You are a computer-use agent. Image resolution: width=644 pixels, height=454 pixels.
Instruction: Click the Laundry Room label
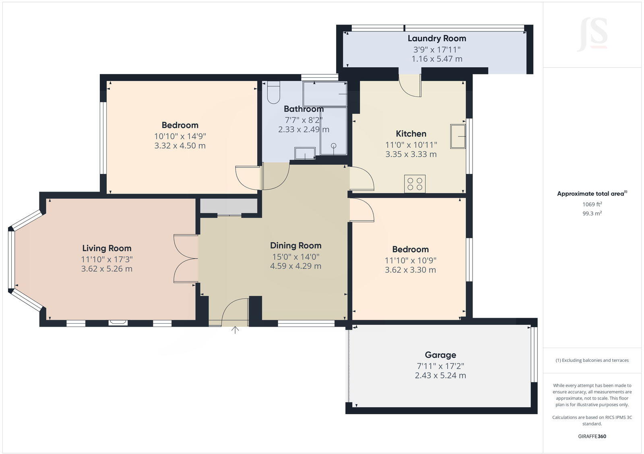tap(437, 38)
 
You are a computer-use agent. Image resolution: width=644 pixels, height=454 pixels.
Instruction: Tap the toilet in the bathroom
tap(273, 93)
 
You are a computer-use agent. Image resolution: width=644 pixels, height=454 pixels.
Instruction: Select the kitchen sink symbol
tap(458, 136)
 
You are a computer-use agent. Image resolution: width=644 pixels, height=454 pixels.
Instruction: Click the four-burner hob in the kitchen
tap(415, 184)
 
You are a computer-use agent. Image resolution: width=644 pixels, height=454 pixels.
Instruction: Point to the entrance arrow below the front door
tap(235, 330)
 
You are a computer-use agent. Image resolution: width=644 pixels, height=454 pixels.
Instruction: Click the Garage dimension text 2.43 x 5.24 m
tap(440, 376)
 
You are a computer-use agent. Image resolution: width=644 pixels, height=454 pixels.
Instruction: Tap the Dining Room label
tap(295, 246)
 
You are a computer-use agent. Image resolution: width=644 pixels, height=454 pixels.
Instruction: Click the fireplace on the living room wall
tap(118, 322)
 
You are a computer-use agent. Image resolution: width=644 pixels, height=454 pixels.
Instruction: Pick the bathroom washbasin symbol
tap(305, 153)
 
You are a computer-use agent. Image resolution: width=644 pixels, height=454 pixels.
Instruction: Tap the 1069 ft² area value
tap(592, 204)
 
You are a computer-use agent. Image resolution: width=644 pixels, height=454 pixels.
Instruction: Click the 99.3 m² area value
tap(592, 214)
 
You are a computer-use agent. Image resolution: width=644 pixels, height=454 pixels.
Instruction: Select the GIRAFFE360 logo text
tap(592, 436)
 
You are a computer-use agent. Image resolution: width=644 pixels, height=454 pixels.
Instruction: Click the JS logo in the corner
tap(593, 34)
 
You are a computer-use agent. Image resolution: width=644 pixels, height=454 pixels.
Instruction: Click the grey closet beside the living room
tap(229, 206)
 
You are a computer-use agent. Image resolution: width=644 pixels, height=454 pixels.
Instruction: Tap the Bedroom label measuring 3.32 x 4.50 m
tap(180, 125)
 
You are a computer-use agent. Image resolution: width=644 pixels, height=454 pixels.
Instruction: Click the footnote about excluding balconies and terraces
tap(592, 360)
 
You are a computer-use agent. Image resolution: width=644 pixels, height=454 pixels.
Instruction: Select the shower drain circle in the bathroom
tap(334, 145)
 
